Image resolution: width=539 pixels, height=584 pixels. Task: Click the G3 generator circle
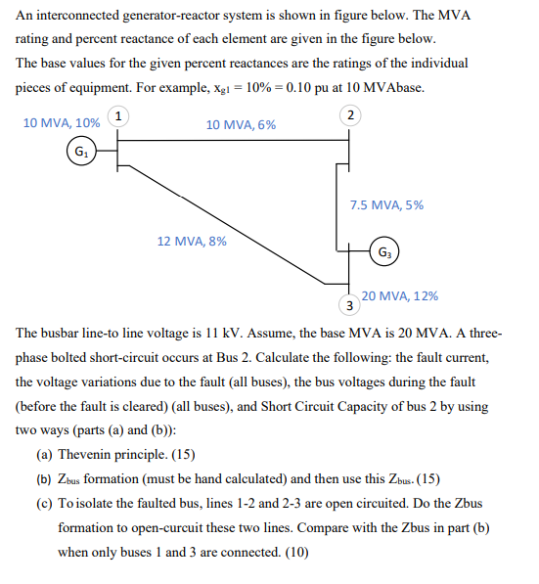coord(384,252)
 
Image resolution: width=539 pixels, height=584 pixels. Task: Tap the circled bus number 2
coord(351,116)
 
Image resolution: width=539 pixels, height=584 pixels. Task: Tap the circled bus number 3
coord(349,305)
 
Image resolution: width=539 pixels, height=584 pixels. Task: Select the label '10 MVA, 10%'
coord(61,123)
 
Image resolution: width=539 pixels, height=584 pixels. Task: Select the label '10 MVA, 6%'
coord(241,124)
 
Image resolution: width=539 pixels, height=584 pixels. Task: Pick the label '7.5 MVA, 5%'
coord(386,205)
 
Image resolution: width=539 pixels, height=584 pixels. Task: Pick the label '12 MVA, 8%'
coord(192,241)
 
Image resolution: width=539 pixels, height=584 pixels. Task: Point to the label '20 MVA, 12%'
coord(399,295)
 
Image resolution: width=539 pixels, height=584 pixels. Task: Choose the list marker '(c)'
coord(44,504)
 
